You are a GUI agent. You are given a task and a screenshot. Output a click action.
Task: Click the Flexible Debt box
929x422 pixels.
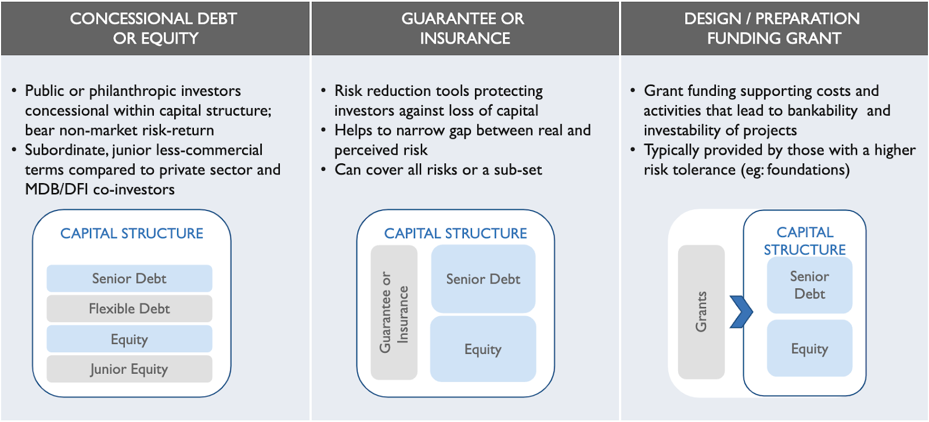(129, 309)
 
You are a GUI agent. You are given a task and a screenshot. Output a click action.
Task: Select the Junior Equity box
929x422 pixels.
(129, 369)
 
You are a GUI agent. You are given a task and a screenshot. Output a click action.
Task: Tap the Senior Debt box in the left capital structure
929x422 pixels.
(129, 278)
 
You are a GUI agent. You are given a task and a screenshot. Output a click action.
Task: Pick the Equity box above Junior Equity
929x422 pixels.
(129, 339)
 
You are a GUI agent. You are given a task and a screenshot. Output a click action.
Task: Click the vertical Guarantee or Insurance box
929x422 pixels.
(394, 312)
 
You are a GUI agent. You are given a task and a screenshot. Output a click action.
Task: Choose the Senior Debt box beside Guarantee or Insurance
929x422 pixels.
(483, 278)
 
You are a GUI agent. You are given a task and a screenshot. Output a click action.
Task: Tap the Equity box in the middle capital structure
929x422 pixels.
(483, 349)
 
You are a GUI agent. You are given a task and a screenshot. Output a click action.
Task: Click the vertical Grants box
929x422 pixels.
(701, 312)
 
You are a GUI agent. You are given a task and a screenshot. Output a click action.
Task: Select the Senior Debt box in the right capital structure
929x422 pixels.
(809, 285)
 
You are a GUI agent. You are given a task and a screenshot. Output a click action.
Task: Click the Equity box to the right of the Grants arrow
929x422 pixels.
(809, 348)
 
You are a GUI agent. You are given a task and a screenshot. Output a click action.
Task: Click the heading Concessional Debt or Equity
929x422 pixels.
(154, 28)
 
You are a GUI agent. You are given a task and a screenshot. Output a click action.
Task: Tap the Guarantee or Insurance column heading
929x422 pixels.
(464, 28)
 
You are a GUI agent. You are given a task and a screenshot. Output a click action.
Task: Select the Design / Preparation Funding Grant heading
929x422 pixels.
(773, 28)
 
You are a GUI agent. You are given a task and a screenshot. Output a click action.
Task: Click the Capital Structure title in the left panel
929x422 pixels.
(132, 234)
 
